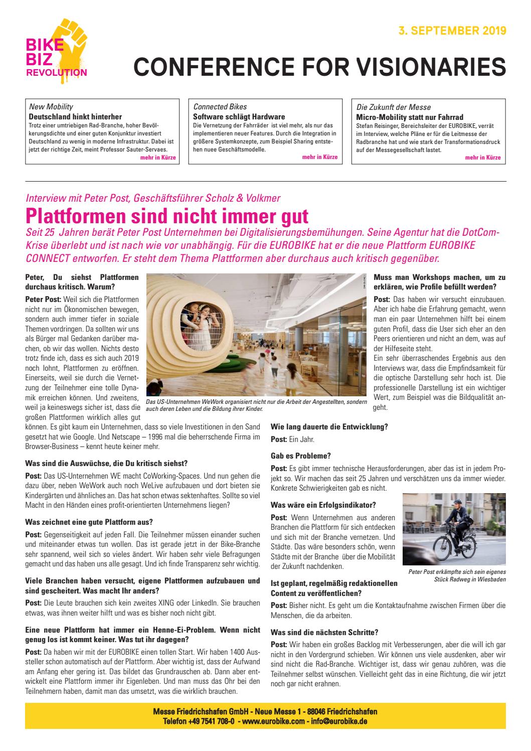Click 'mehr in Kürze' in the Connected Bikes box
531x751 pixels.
click(320, 157)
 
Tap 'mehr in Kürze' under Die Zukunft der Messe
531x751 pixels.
click(483, 157)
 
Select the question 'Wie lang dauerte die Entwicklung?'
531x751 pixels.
click(329, 427)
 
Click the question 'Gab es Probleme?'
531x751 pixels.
click(301, 456)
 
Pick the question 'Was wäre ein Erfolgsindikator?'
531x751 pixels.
click(323, 504)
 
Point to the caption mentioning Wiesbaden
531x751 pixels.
click(457, 575)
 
